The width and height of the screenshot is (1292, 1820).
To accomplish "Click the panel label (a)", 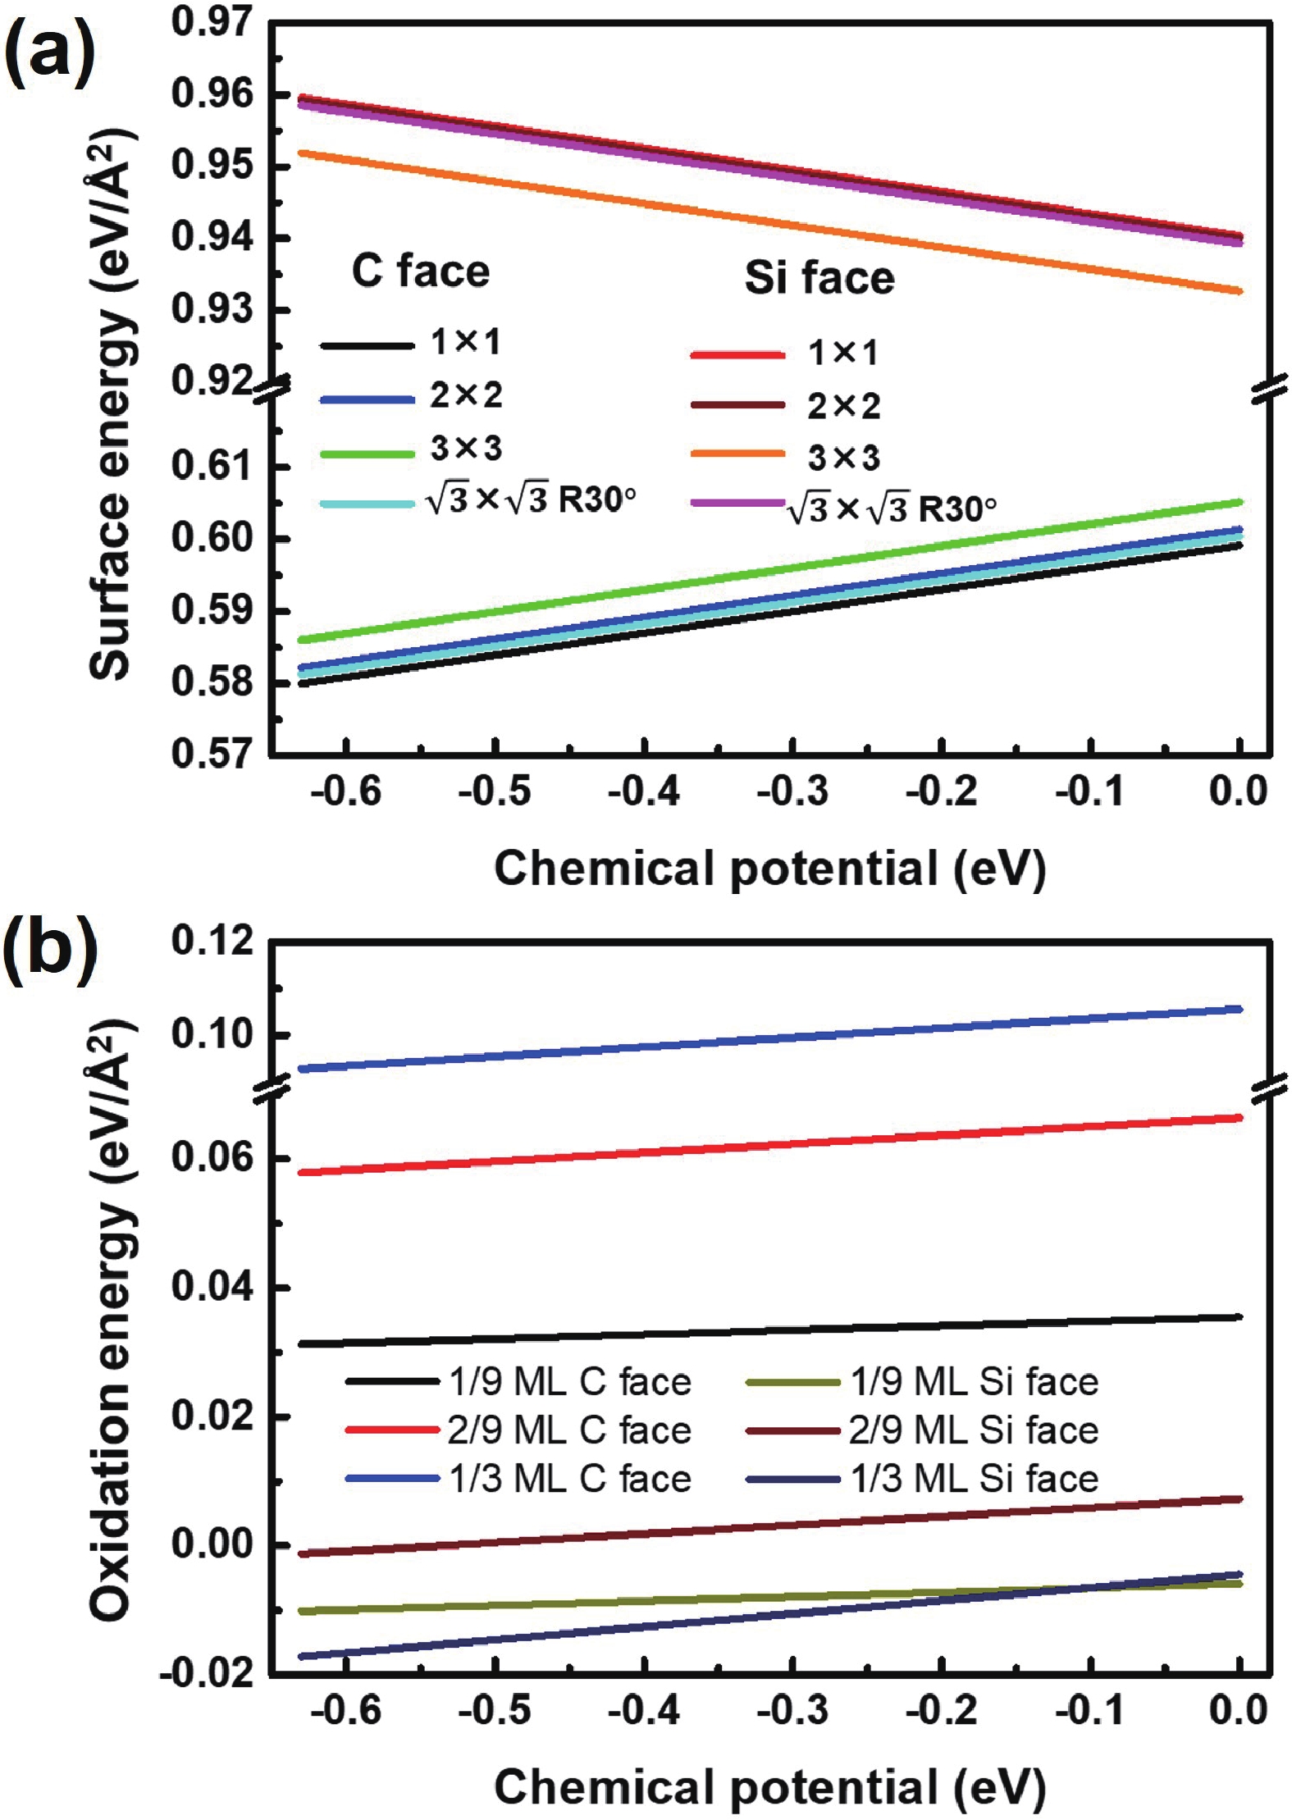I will pos(49,51).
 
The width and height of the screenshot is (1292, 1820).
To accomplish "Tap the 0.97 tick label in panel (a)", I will pos(212,22).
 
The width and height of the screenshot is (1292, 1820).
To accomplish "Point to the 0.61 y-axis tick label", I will pos(212,466).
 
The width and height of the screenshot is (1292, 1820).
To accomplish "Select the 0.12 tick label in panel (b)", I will pos(212,941).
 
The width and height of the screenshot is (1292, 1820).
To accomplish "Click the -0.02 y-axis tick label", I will pos(207,1672).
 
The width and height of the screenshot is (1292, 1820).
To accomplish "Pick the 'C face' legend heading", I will pos(420,271).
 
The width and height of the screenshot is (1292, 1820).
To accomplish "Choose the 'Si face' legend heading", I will pos(819,277).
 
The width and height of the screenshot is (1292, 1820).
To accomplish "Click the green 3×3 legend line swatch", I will pos(367,454).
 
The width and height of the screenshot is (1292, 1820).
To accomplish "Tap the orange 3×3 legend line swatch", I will pos(737,454).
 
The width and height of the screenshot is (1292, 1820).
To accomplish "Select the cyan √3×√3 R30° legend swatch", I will pos(367,503).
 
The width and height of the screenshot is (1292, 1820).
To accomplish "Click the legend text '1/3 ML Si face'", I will pos(974,1480).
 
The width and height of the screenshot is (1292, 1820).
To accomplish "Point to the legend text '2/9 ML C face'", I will pos(569,1430).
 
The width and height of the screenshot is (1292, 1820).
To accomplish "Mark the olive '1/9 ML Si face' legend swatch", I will pos(792,1383).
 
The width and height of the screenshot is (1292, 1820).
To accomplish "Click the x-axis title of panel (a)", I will pos(769,868).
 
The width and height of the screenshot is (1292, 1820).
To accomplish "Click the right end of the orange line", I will pos(1239,291).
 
